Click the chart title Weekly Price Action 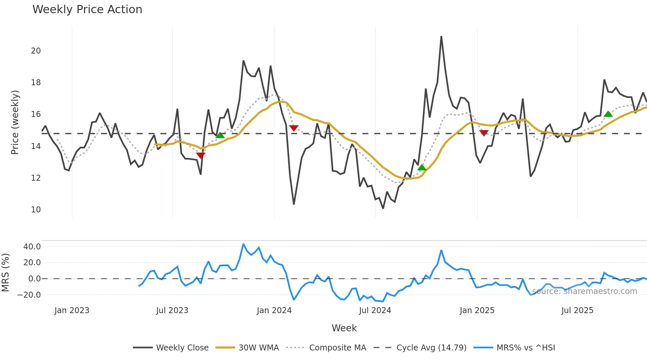tap(87, 9)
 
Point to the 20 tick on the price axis tap(36, 51)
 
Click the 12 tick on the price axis tap(36, 178)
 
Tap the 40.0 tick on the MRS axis tap(32, 246)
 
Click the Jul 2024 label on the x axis tap(375, 310)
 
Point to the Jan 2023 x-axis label tap(72, 310)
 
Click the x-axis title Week tap(344, 328)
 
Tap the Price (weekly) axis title tap(15, 122)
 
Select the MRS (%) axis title tap(5, 273)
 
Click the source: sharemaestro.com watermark tap(584, 291)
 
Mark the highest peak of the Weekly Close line tap(441, 37)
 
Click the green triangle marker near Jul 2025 tap(608, 114)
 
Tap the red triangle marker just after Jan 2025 tap(484, 133)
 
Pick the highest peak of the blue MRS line tap(243, 244)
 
